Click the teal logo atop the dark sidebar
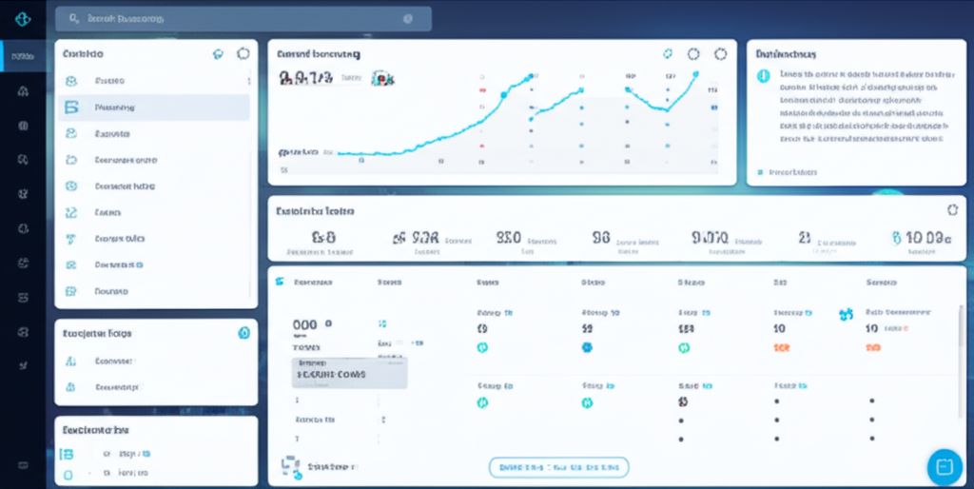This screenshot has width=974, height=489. (23, 19)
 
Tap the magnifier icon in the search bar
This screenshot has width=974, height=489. (70, 19)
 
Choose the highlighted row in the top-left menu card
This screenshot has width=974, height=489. (153, 108)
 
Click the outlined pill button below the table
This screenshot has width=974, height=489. (559, 467)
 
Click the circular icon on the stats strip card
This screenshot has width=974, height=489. (953, 210)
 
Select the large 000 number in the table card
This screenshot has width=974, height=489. (305, 325)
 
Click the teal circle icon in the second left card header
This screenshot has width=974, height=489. (243, 333)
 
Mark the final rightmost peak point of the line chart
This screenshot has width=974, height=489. (695, 74)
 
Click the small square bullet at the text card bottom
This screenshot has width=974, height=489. (759, 173)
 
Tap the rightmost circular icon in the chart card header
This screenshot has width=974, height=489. (720, 55)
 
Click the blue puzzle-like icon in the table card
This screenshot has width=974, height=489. (845, 313)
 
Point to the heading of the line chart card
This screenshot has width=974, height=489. (318, 55)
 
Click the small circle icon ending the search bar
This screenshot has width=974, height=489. (408, 19)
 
